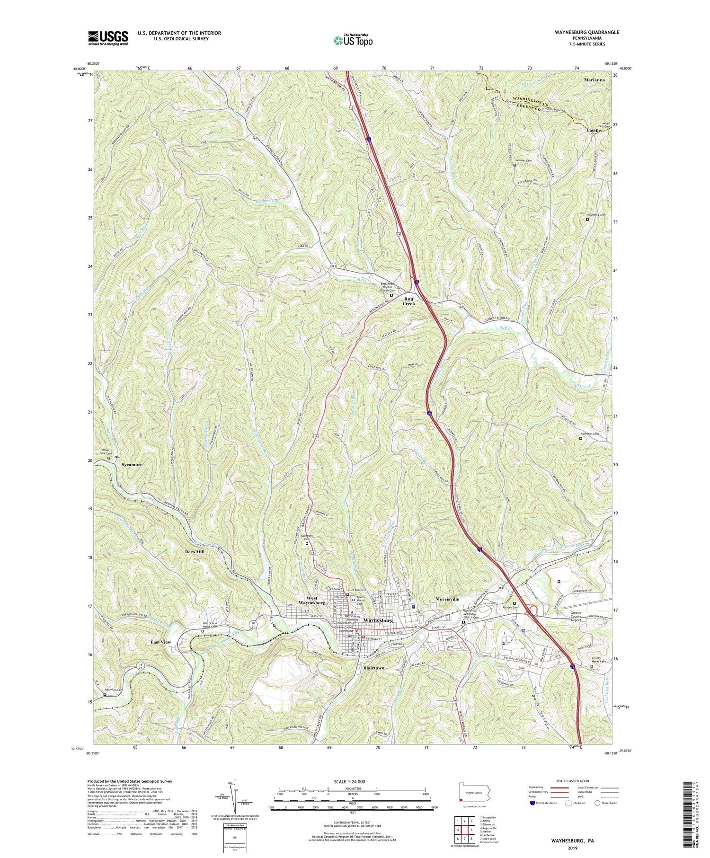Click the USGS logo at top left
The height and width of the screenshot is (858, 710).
(107, 37)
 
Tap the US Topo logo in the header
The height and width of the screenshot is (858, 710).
(353, 40)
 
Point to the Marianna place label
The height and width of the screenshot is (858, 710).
(594, 80)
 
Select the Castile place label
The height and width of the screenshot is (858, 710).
(593, 130)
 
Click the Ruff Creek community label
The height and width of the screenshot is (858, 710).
(409, 301)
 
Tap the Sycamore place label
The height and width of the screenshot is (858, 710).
(132, 465)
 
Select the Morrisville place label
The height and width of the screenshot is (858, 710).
(447, 599)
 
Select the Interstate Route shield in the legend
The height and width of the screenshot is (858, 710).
(532, 803)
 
